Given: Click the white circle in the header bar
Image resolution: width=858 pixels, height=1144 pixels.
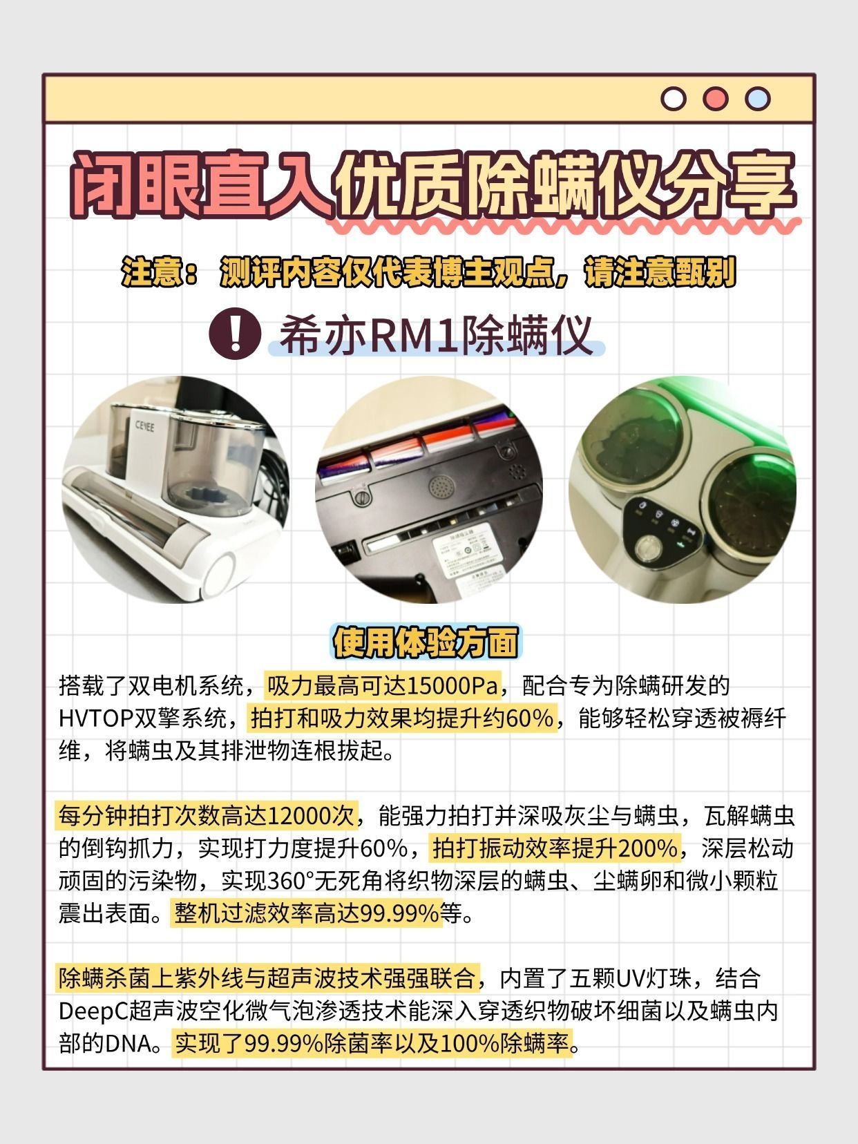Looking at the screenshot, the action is (673, 99).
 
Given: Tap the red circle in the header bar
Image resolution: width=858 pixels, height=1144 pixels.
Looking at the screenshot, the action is (715, 99).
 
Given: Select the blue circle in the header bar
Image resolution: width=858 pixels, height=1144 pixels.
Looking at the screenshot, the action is (757, 99).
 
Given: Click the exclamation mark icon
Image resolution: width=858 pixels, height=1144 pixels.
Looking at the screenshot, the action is (235, 334).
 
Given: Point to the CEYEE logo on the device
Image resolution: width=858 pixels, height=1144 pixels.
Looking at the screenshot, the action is (145, 426).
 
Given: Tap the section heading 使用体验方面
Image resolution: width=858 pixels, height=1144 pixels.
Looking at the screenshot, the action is (426, 642).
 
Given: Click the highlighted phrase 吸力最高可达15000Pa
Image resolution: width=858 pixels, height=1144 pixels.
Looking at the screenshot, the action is (383, 686).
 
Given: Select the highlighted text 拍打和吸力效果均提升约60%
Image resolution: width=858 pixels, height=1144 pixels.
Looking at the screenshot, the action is (402, 718).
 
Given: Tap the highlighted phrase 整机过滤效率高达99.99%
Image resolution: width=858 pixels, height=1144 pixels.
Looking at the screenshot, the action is (307, 913).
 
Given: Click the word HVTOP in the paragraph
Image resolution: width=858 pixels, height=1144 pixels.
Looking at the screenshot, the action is (97, 719).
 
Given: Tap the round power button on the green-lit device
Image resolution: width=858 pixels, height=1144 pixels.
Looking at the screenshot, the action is (649, 549).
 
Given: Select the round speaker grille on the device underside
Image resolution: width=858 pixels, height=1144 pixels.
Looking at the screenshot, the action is (441, 487).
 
